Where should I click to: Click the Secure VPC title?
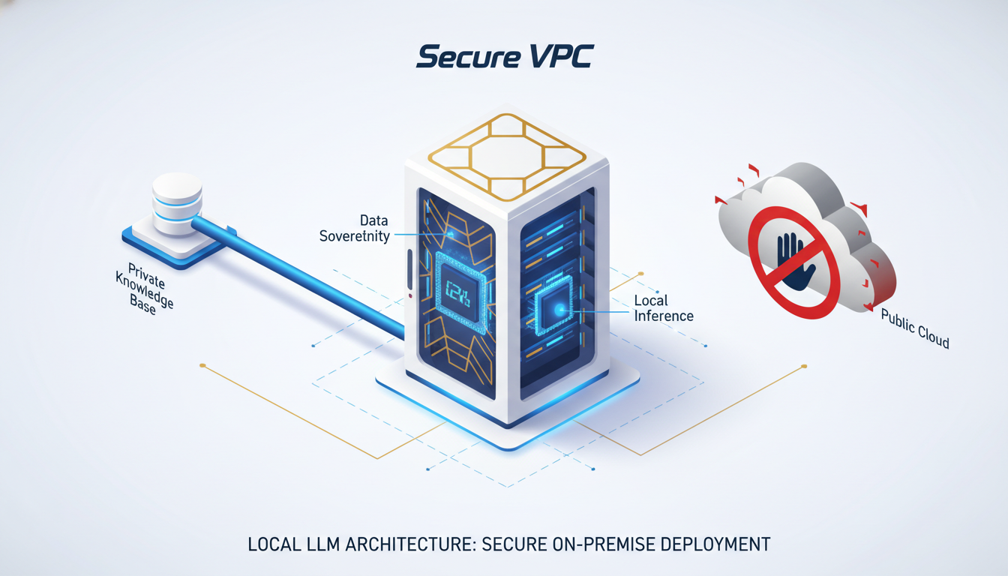coord(504,56)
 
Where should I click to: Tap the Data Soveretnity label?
coord(355,228)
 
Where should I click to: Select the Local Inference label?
coord(664,308)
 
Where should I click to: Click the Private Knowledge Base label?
coord(143,289)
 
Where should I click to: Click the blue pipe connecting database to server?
coord(300,274)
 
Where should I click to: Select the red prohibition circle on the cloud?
coord(792,262)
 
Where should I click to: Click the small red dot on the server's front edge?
coord(411,295)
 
